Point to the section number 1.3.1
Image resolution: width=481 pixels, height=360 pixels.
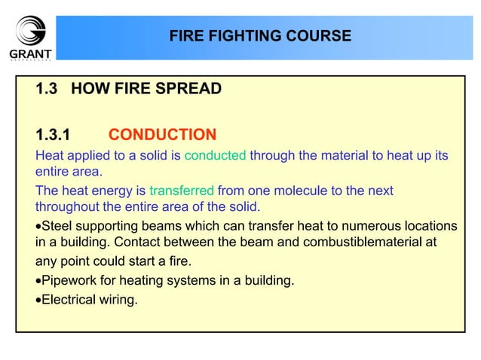click(x=53, y=135)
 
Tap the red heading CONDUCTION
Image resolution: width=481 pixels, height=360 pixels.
click(x=162, y=135)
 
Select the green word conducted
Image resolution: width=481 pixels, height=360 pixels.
click(x=216, y=156)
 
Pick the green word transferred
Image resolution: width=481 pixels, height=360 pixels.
click(x=182, y=191)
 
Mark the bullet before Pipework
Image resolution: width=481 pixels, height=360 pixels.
click(x=38, y=281)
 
